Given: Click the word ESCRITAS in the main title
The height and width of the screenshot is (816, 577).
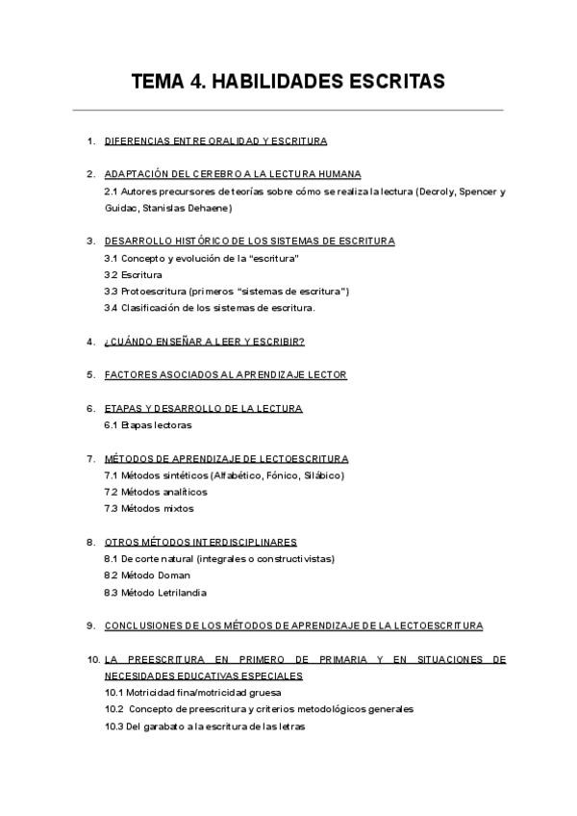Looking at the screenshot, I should [389, 82].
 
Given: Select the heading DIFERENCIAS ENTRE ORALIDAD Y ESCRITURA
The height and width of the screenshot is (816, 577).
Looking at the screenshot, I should [215, 141].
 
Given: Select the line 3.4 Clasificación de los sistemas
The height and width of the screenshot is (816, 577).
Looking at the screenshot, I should [210, 308].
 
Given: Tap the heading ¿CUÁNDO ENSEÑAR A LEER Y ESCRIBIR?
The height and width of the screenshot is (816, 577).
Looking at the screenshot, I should [204, 342].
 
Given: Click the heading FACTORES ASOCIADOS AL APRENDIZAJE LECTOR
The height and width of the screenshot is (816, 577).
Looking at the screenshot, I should [225, 374].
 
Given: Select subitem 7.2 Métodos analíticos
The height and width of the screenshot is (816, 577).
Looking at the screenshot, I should [155, 492].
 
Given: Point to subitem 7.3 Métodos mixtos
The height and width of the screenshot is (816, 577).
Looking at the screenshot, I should [149, 508].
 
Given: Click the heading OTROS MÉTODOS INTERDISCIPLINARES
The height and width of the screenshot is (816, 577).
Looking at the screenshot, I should [200, 542].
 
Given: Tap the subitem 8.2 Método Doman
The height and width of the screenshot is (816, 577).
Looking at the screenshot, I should [147, 575].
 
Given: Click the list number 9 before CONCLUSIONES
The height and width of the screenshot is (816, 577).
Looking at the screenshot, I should [90, 625].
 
